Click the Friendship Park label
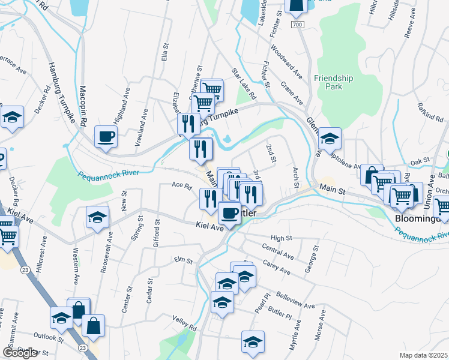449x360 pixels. (x=333, y=82)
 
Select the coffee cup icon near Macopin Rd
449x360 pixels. (x=106, y=137)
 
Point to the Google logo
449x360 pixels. (x=20, y=353)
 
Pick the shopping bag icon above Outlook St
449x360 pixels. (x=93, y=326)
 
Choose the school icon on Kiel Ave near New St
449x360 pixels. (x=97, y=218)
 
